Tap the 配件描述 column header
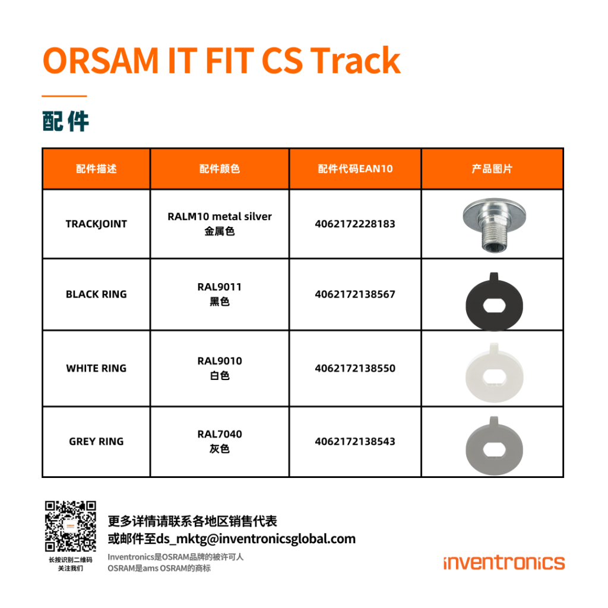tap(96, 169)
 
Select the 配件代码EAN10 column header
tap(355, 169)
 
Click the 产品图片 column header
tap(492, 169)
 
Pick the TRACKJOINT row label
tap(96, 224)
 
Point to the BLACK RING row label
tap(96, 294)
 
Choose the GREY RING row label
tap(96, 441)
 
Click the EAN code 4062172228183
tap(355, 224)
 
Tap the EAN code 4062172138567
tap(355, 294)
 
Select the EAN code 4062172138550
tap(355, 368)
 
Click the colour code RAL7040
tap(220, 434)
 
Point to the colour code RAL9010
tap(220, 361)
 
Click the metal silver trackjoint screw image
tap(494, 224)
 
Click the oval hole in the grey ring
tap(495, 450)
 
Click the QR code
tap(70, 526)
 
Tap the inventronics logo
tap(504, 563)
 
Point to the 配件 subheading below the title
tap(65, 121)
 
